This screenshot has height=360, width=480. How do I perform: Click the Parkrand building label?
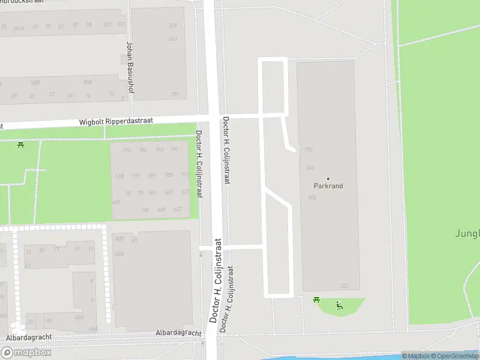tap(328, 186)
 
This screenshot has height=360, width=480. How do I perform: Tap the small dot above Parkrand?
tap(328, 178)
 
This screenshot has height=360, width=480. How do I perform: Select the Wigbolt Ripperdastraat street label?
tap(116, 121)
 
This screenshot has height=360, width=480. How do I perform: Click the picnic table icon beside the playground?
tap(316, 300)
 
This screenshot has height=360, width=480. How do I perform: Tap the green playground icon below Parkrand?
tap(339, 305)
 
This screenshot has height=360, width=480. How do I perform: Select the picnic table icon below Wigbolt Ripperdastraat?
tap(21, 145)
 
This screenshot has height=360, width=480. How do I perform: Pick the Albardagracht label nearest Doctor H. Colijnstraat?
tap(178, 332)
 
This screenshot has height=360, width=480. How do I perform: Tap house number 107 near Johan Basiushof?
tap(121, 25)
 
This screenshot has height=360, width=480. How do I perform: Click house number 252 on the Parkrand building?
tap(344, 286)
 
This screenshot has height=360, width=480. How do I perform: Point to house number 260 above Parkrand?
tap(310, 168)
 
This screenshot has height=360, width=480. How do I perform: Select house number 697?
tap(152, 175)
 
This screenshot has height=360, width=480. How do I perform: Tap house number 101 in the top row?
tap(107, 25)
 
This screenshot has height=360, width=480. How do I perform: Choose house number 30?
tap(13, 96)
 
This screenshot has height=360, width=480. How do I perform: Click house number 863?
tap(173, 39)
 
